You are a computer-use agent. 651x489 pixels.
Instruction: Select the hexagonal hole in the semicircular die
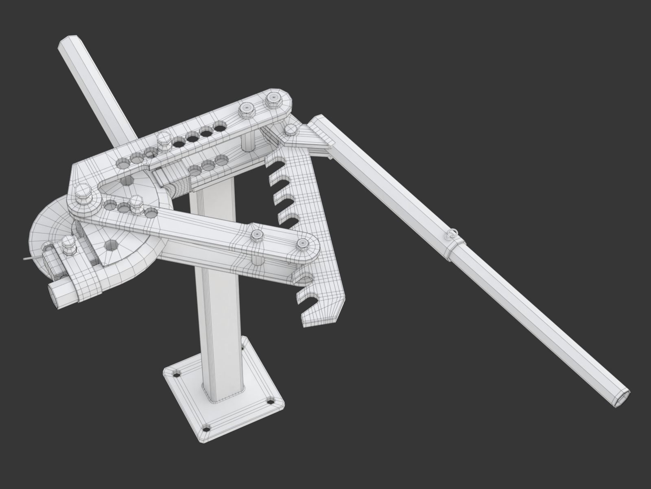click(x=110, y=245)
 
